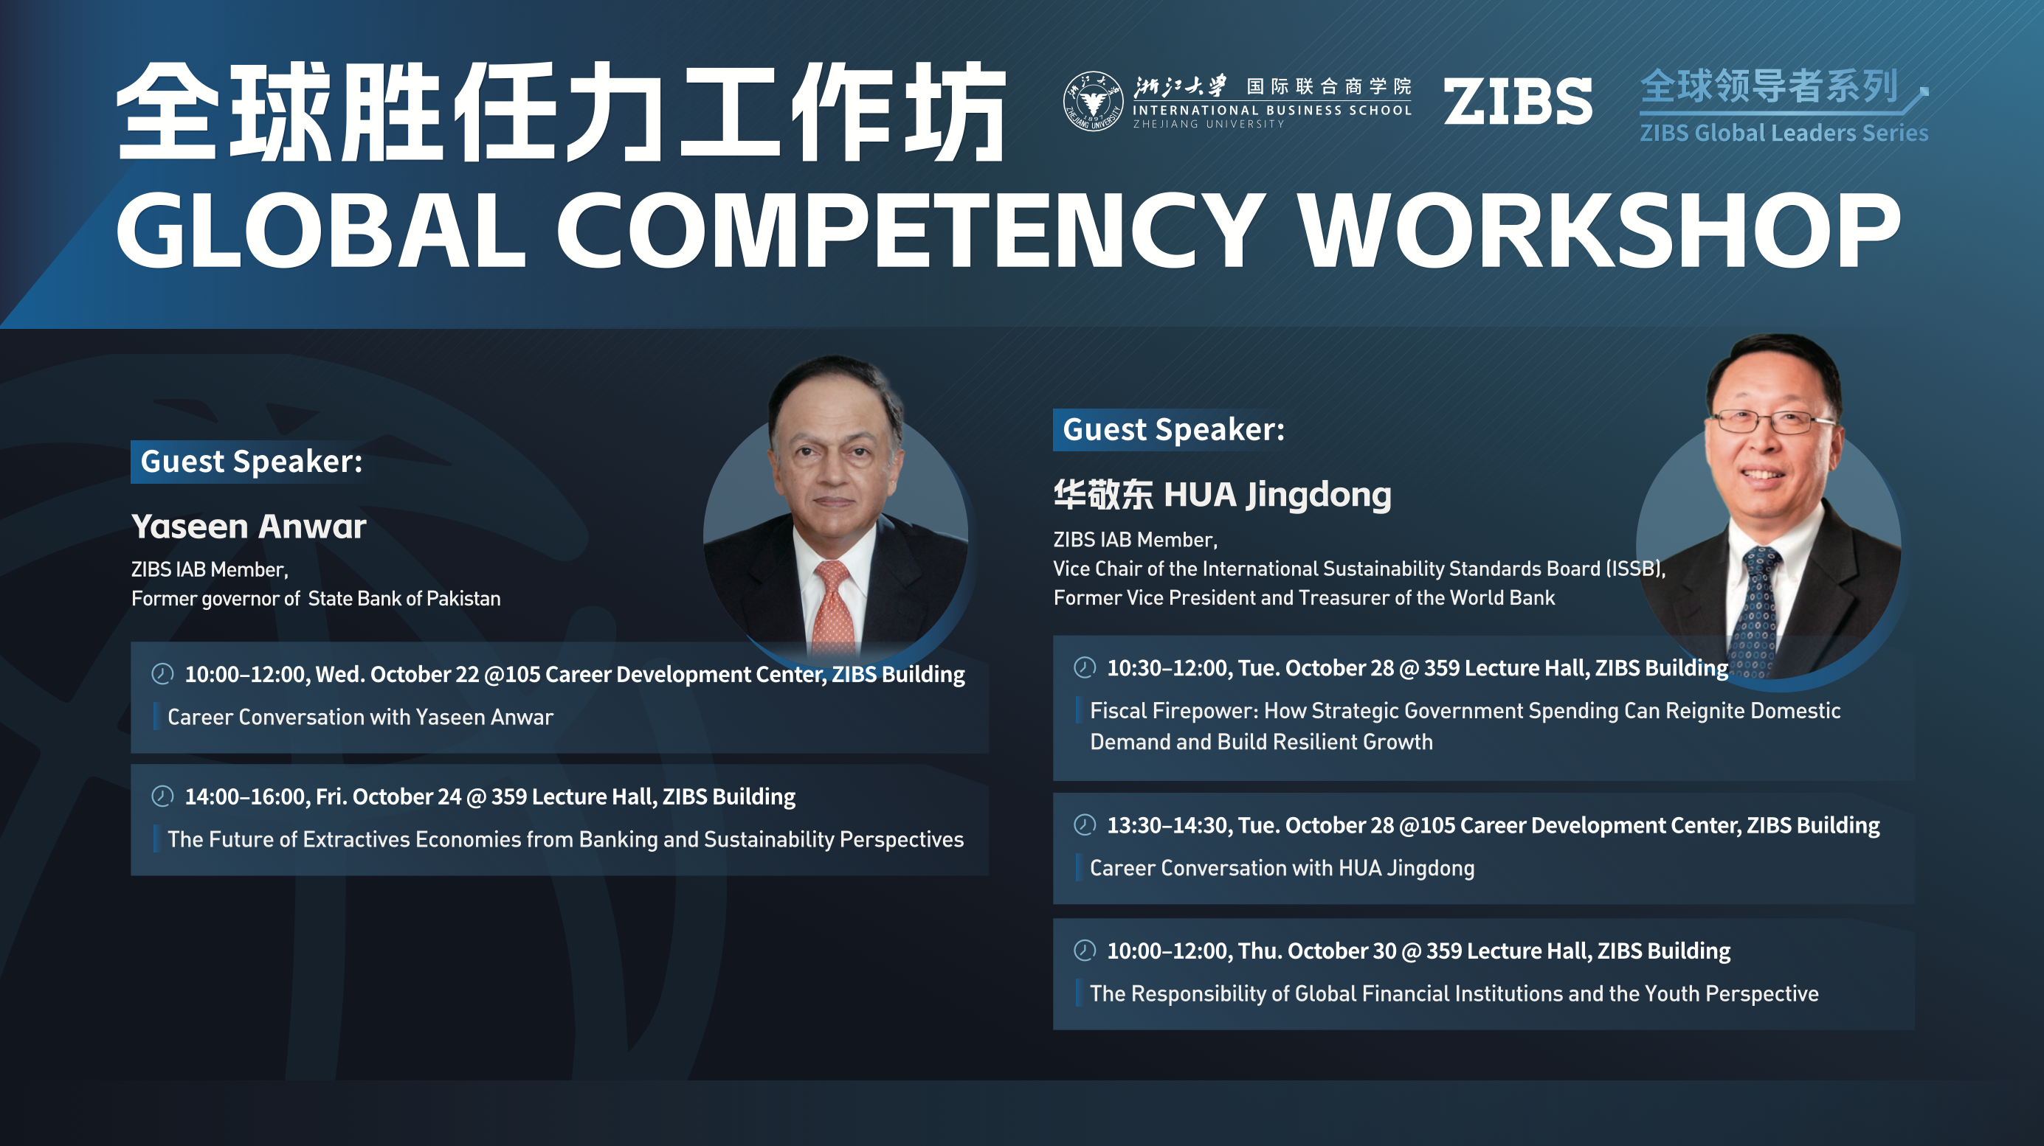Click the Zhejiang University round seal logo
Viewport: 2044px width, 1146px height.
coord(1093,102)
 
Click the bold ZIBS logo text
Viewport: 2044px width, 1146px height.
coord(1517,102)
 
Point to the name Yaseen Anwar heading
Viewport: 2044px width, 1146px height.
coord(249,527)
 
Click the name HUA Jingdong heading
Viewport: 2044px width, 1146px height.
coord(1277,495)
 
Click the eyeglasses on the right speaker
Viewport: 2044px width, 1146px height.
coord(1769,421)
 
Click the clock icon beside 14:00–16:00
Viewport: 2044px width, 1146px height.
coord(162,796)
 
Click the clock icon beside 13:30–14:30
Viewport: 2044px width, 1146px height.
coord(1085,824)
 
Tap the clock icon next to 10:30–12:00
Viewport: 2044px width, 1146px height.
coord(1085,668)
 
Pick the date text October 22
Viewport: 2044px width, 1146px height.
coord(424,674)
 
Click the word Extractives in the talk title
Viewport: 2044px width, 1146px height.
coord(356,839)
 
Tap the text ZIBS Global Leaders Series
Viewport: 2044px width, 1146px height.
coord(1784,133)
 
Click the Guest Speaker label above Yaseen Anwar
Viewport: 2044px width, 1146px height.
coord(252,462)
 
